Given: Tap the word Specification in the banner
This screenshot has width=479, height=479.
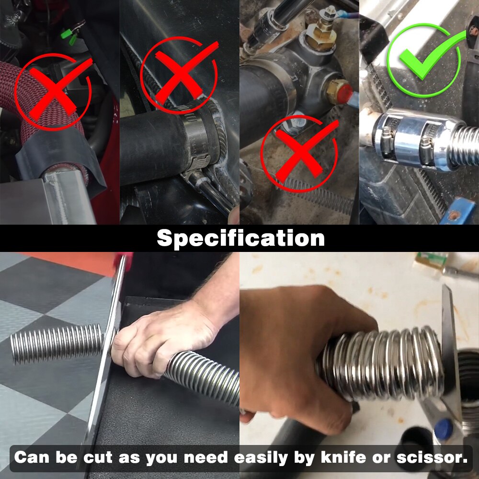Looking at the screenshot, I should tap(240, 238).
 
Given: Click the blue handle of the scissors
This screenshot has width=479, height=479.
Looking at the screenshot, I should tap(443, 426).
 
